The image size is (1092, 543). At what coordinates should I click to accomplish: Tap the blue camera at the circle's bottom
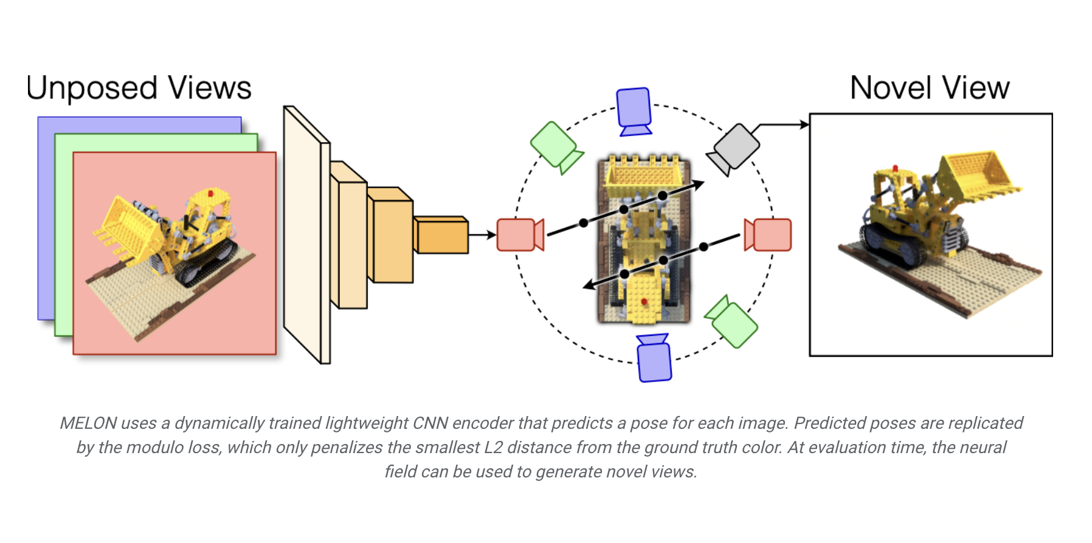pyautogui.click(x=654, y=360)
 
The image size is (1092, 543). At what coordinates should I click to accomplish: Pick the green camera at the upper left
pyautogui.click(x=555, y=146)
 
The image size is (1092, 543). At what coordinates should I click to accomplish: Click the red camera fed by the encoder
pyautogui.click(x=518, y=235)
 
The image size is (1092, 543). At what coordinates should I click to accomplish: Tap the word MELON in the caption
pyautogui.click(x=88, y=423)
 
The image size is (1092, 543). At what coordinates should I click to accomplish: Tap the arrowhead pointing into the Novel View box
pyautogui.click(x=804, y=125)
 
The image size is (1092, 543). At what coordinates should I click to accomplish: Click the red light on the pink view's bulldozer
pyautogui.click(x=210, y=194)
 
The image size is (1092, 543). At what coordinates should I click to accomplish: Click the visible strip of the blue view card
pyautogui.click(x=46, y=219)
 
